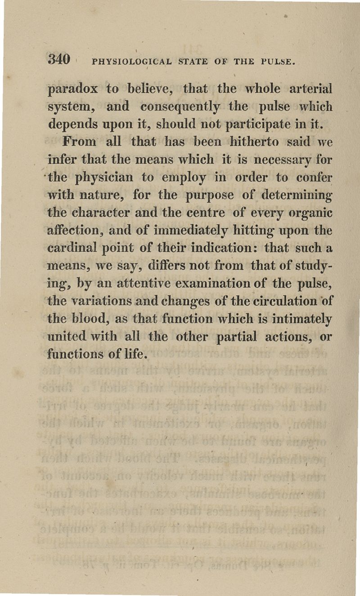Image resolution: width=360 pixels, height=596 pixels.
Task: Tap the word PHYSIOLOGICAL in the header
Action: point(127,61)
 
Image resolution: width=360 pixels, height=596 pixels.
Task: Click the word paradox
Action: point(72,89)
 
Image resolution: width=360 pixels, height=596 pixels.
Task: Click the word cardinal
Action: point(74,247)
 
